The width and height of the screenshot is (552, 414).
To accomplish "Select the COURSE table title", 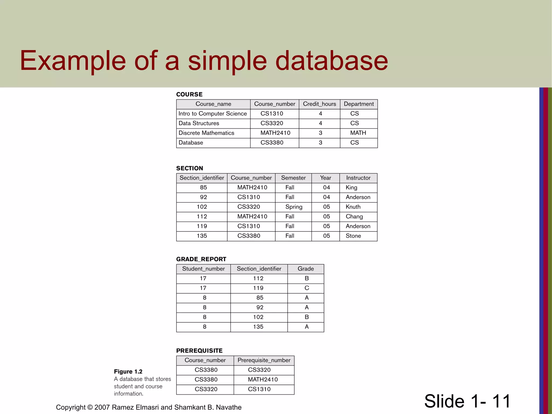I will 189,94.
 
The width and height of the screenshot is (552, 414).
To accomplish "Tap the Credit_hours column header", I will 319,104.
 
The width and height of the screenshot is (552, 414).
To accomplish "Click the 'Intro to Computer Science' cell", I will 213,114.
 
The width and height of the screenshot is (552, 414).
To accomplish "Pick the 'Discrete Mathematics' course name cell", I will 206,133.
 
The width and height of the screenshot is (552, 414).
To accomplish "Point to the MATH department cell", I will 358,133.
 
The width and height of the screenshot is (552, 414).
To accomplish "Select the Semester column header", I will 293,178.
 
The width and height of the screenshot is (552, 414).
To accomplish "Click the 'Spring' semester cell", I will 294,207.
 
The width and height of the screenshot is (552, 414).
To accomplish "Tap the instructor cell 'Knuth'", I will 353,207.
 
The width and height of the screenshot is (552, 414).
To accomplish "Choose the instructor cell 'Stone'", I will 353,236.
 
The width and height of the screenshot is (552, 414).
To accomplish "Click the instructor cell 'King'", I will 351,188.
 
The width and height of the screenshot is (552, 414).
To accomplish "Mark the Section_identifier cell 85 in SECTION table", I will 203,188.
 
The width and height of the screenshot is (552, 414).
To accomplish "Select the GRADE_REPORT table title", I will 201,259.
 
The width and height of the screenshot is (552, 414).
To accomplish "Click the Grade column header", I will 306,269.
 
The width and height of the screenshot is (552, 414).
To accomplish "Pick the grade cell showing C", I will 307,288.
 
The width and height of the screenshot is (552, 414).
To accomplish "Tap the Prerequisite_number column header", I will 264,360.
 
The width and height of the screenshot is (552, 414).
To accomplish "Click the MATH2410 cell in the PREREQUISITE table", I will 263,380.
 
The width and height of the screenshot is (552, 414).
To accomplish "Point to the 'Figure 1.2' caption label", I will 128,372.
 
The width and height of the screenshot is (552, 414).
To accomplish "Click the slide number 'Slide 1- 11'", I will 467,401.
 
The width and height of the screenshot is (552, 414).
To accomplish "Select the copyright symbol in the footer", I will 90,407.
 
